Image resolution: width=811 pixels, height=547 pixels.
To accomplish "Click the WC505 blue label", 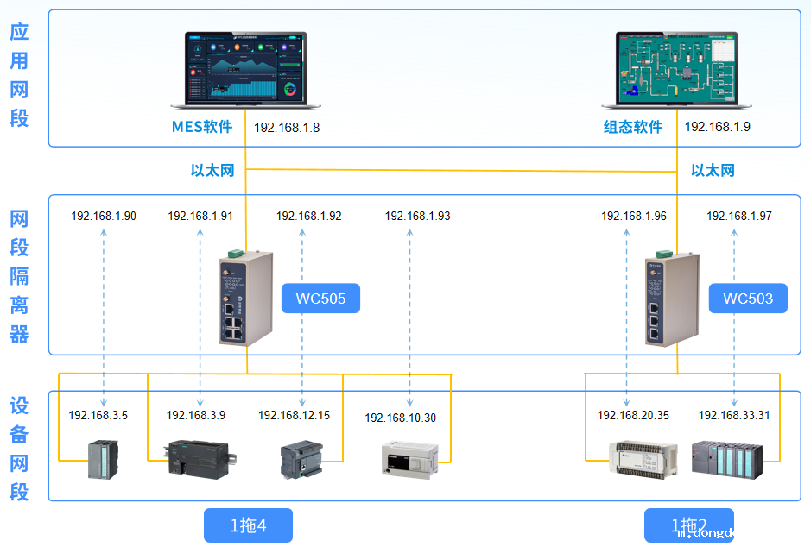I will coord(320,299).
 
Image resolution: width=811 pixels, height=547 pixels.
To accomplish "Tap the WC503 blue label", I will coord(747,299).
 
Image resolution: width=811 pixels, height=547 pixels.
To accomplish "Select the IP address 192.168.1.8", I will coord(287,127).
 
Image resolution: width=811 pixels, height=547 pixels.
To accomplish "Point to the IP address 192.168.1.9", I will coord(718,127).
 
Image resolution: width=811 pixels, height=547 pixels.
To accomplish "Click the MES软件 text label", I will coord(202,127).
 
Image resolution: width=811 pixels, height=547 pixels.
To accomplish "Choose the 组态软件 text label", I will coord(633,127).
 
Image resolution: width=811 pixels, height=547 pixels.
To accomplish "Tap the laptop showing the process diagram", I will coord(676,70).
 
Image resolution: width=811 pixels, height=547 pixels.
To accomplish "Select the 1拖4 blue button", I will coord(248,525).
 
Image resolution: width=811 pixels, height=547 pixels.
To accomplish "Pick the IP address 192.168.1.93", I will coord(417,216).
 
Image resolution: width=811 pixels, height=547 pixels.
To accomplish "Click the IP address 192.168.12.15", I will coord(294,415).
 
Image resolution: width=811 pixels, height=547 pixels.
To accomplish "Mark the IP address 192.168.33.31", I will coord(734,415).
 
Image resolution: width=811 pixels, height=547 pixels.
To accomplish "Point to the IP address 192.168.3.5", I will coord(98,415).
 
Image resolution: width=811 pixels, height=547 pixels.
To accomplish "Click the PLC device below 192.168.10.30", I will coord(410,457).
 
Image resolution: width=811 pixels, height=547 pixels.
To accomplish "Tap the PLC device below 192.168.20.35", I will coord(637,459).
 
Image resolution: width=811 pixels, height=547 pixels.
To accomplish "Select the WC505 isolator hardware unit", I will coord(246,298).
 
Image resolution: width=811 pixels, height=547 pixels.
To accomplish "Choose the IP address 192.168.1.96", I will coord(634,216).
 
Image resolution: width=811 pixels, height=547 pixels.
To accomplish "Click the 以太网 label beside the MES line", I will coord(212,170).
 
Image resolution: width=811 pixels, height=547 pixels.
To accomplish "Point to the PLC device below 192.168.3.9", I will coord(199,457).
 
